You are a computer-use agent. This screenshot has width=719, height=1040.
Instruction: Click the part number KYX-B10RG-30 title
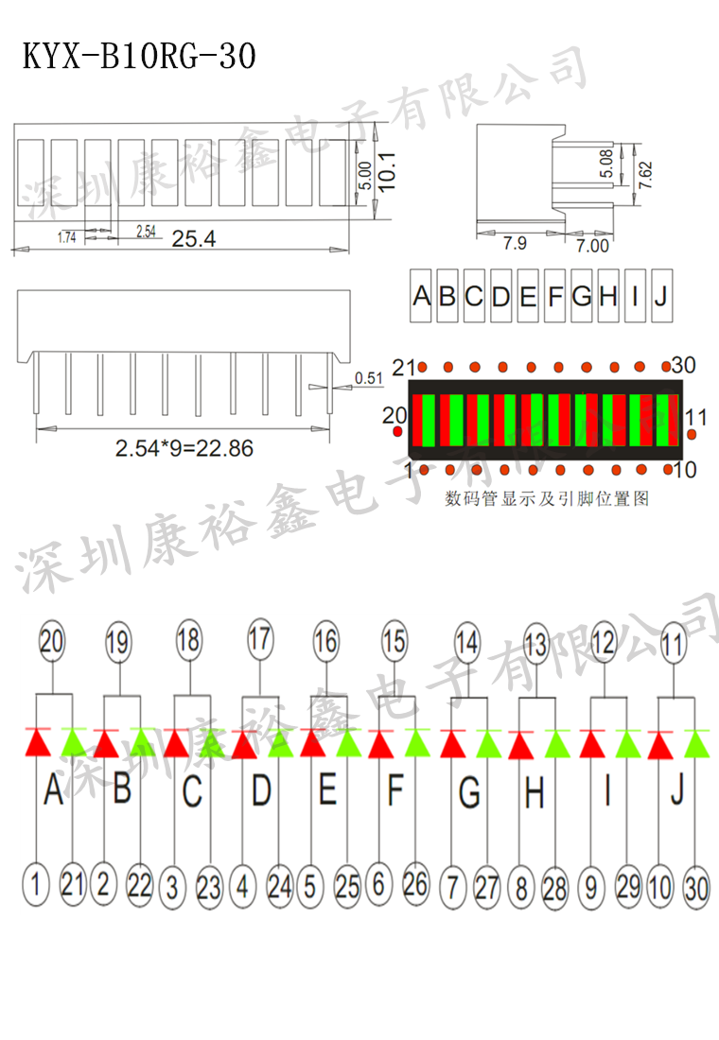(x=139, y=57)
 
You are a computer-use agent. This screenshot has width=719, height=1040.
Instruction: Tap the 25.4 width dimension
(x=194, y=239)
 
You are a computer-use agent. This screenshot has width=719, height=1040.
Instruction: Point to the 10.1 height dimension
(x=385, y=173)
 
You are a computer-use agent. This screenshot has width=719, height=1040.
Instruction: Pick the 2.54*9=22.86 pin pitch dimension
(x=184, y=448)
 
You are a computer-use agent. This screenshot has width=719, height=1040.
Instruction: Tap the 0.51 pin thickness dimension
(x=368, y=379)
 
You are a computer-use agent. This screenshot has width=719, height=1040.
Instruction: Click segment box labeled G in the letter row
(x=582, y=296)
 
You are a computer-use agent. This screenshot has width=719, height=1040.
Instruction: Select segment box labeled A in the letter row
(x=421, y=296)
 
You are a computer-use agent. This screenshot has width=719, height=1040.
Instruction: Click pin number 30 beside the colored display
(x=683, y=366)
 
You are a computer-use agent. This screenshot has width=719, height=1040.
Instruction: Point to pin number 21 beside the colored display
(x=405, y=367)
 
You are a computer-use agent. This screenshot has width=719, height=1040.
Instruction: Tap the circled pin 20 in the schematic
(x=52, y=641)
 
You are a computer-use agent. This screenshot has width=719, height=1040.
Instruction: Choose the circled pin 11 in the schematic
(x=673, y=645)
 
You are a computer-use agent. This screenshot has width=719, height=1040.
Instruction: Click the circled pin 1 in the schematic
(x=35, y=885)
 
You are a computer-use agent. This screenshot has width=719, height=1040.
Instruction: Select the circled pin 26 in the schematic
(x=415, y=884)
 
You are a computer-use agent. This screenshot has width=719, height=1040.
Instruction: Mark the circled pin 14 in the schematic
(x=466, y=641)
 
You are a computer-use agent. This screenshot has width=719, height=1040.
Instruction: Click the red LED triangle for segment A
(x=37, y=743)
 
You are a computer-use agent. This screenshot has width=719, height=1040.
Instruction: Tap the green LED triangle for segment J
(x=697, y=744)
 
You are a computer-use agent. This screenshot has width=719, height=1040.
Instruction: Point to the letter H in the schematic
(x=535, y=793)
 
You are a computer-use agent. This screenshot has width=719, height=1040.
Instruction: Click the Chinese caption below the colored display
(x=547, y=498)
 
